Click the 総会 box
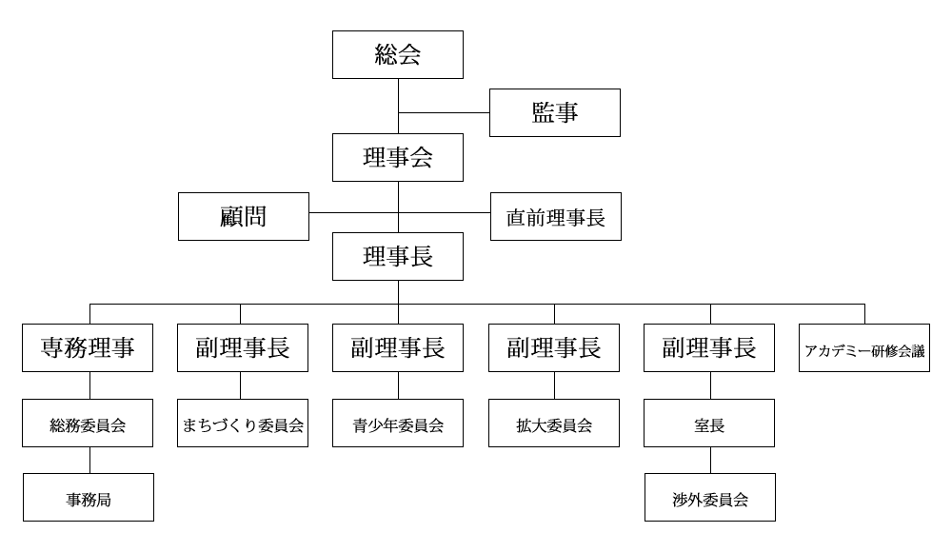pos(398,54)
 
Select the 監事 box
pos(555,113)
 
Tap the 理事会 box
pos(398,157)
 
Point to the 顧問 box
pos(244,217)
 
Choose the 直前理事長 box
pos(556,217)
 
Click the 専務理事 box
pos(88,348)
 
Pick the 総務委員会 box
pos(88,424)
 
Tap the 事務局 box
pos(89,498)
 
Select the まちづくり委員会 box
pos(243,424)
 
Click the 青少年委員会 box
pos(398,424)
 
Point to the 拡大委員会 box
pos(554,424)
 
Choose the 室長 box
pos(709,424)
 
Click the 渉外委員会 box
pos(710,498)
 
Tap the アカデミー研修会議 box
pos(864,348)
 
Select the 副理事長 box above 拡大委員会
pos(554,348)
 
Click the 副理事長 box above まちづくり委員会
pos(243,348)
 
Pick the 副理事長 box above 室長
pos(709,348)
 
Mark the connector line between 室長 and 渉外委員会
pos(710,461)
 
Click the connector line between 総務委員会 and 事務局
pos(89,461)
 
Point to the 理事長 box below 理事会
pos(398,256)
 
